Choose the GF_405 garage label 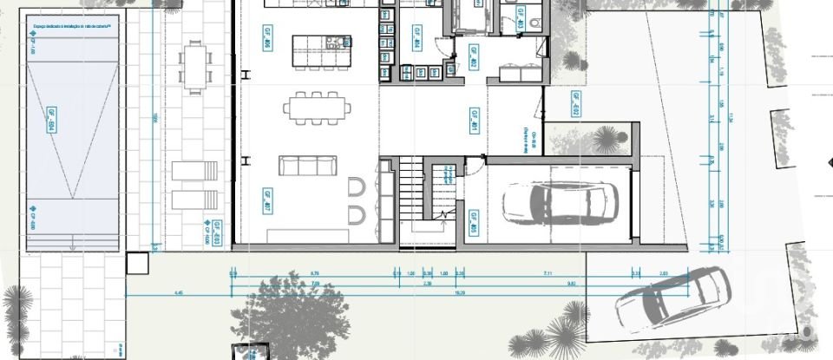click(474, 222)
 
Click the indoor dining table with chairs click(318, 108)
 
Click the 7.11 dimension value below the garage click(547, 273)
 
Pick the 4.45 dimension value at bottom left click(179, 293)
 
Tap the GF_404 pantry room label click(416, 40)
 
